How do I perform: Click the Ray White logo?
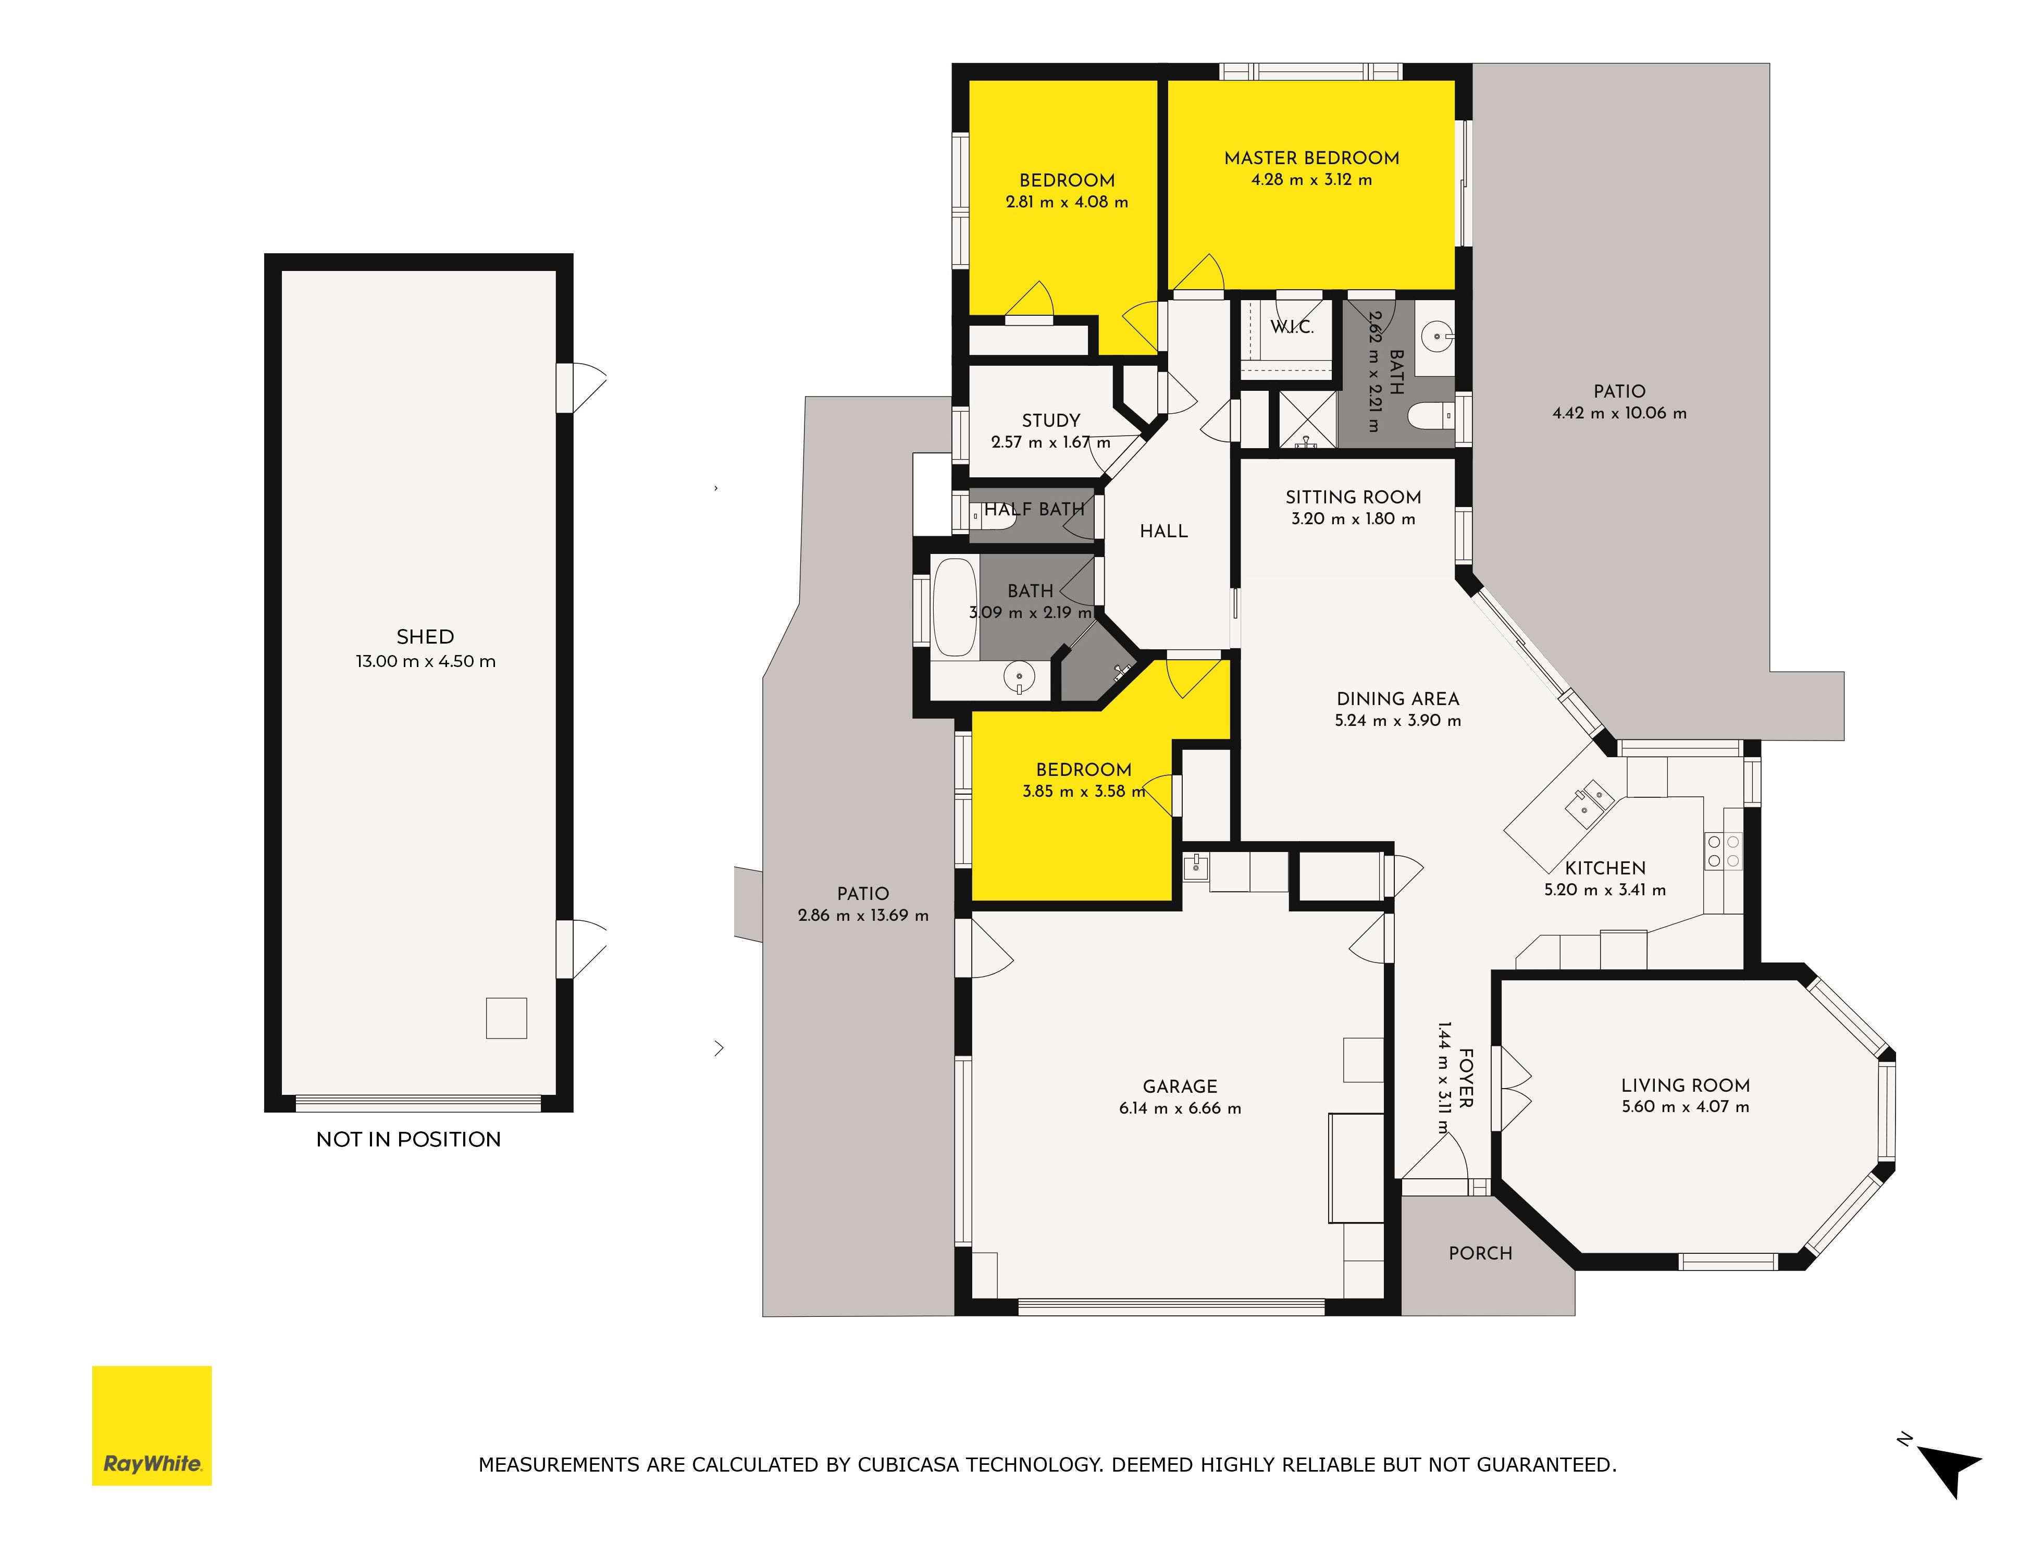152,1425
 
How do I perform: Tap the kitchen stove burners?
1723,851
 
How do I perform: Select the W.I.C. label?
1292,327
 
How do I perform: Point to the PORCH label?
1480,1253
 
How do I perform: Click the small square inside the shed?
506,1018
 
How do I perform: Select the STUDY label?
1051,420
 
